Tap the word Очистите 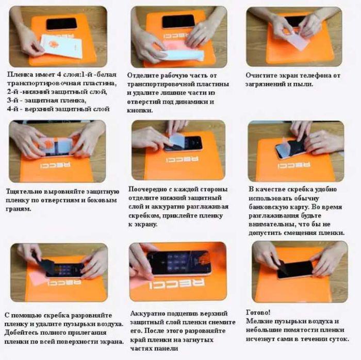coord(263,75)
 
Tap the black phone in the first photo coord(61,24)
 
